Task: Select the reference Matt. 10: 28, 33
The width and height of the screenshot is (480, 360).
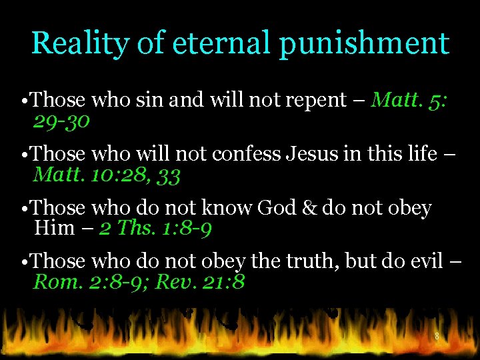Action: click(107, 175)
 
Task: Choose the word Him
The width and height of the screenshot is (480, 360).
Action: click(54, 229)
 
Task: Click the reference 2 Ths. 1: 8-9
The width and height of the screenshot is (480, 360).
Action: click(155, 229)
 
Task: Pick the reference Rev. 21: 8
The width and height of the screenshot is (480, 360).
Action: click(200, 282)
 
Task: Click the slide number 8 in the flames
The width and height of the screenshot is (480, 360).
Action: click(437, 337)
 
